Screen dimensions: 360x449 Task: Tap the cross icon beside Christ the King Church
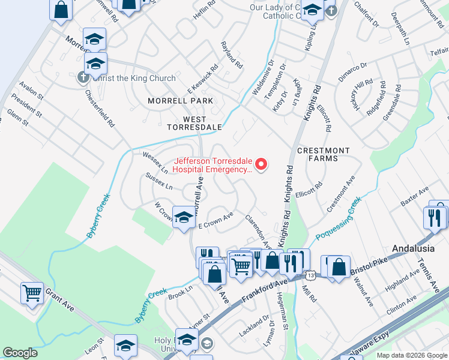(83, 78)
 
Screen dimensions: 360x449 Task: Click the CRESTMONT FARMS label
(324, 154)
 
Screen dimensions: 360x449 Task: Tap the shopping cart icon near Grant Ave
(32, 293)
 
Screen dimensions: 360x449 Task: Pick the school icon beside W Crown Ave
(184, 217)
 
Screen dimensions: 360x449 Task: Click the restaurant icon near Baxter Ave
(435, 217)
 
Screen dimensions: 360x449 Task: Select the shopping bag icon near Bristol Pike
(339, 267)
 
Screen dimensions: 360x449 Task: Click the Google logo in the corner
(20, 353)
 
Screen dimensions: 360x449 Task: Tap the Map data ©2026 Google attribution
(411, 355)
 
